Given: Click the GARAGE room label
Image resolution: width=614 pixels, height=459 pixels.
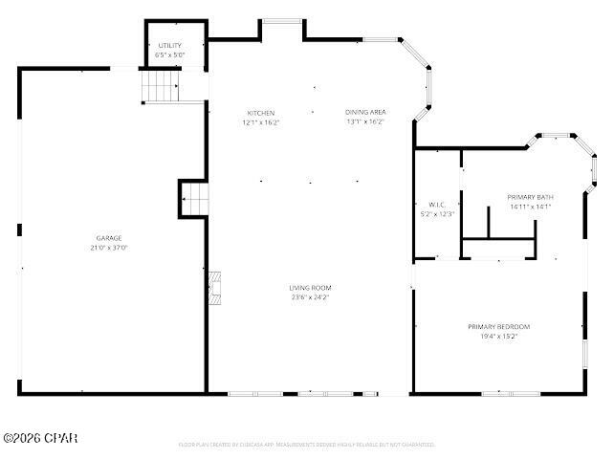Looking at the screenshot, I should point(108,238).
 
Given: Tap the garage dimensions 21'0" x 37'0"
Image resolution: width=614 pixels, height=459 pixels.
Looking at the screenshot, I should point(108,248).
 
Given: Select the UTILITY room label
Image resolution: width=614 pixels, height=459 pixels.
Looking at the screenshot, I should point(170,45).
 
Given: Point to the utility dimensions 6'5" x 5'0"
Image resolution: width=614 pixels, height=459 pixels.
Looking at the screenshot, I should point(170,55).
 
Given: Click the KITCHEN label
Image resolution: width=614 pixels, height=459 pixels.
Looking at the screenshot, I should point(260,113).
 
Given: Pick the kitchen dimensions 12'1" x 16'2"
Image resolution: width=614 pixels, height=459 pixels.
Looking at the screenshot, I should point(260,122).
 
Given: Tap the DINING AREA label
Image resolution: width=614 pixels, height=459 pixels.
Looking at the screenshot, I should point(365,113).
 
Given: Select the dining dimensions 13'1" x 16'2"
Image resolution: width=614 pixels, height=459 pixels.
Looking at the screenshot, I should point(365,122).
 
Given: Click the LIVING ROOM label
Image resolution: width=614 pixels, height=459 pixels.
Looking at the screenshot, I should point(310,288).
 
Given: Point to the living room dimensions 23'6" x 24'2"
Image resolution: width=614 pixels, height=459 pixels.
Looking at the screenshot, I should point(310,297).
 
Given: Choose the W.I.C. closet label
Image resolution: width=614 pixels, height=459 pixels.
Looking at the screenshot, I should point(436,205).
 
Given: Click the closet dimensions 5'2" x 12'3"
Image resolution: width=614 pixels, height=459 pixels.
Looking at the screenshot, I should point(436,214).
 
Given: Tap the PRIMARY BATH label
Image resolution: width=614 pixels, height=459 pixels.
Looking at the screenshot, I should point(530,197).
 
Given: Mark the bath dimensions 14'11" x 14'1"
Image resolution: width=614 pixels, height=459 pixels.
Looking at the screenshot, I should point(530,207).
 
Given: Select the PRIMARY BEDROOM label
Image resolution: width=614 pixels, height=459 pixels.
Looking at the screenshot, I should point(498,327).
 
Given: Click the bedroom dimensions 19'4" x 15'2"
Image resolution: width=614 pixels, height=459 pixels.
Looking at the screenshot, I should point(498,337).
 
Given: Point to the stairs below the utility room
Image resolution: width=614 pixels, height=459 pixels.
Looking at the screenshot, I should point(161,88).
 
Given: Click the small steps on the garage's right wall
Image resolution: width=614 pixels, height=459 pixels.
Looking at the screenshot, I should point(193,200).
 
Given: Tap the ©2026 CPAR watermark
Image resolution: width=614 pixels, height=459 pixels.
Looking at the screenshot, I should point(40,438).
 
